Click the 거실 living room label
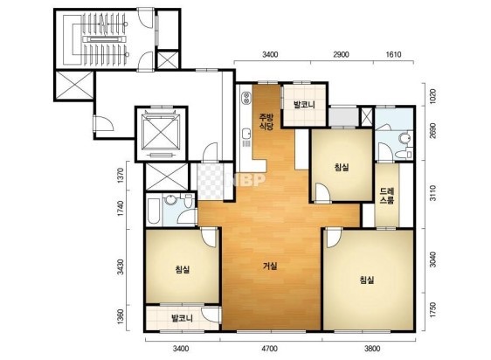[270, 267]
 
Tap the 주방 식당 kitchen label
[266, 121]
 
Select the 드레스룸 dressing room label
[387, 196]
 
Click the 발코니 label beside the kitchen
[304, 105]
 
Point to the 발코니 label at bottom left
[182, 319]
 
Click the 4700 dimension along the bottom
[270, 349]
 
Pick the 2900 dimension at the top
[341, 54]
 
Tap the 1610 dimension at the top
[394, 54]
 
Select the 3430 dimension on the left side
[120, 267]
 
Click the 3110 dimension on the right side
[432, 193]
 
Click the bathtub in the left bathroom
[154, 211]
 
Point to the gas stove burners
[246, 97]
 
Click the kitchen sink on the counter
[246, 134]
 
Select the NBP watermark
[247, 179]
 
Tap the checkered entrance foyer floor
[210, 182]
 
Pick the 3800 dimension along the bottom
[372, 349]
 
